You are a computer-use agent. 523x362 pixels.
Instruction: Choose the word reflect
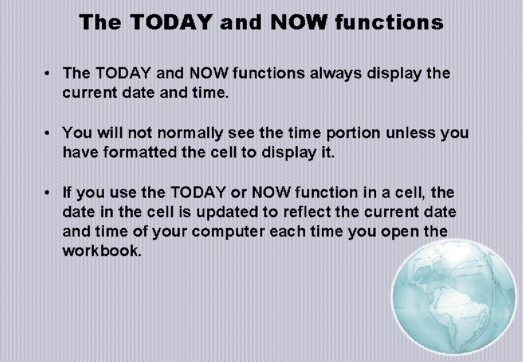tap(318, 212)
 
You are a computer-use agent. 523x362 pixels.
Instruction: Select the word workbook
tap(102, 251)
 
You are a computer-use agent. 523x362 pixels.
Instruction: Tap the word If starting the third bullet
tap(68, 192)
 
